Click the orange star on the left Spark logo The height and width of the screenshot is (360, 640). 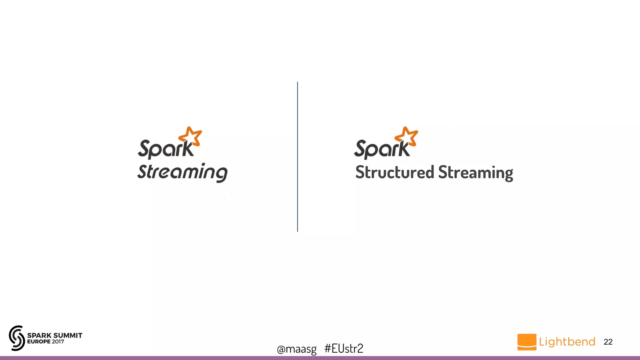(x=190, y=136)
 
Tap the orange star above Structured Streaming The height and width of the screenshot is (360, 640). (x=407, y=136)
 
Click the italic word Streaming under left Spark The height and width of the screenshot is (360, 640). (x=182, y=172)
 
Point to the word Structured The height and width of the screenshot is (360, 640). (x=395, y=172)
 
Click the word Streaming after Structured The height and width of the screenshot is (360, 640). (x=475, y=172)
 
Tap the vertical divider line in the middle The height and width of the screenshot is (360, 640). (x=297, y=156)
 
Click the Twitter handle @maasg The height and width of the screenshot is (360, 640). (x=297, y=349)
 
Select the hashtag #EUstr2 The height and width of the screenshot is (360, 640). (x=344, y=348)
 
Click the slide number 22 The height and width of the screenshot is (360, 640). (x=608, y=342)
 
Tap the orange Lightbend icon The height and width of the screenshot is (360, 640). (x=527, y=342)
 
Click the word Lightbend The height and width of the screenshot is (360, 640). (x=567, y=342)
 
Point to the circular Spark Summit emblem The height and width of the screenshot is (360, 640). (x=17, y=338)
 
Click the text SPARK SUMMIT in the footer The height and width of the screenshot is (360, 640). (x=55, y=335)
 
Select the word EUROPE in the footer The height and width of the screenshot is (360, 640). (x=39, y=342)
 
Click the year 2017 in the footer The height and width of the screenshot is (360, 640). (x=58, y=342)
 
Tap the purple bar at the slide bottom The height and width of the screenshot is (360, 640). (x=320, y=358)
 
